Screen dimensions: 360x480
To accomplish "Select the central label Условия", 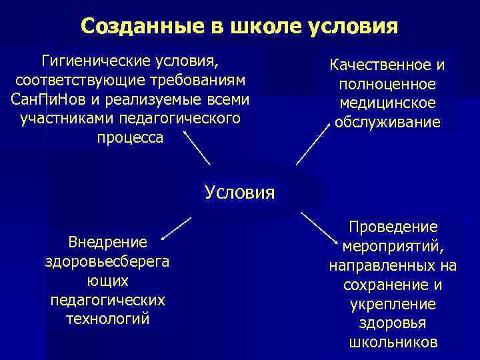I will click(x=239, y=193).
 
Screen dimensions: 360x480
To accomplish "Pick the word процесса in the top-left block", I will click(x=130, y=137).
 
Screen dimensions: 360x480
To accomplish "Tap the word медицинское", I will click(x=387, y=103).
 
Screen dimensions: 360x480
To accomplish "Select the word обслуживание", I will click(x=387, y=123).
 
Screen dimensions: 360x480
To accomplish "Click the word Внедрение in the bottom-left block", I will click(x=107, y=242).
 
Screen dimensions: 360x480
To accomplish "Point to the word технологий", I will click(x=108, y=319).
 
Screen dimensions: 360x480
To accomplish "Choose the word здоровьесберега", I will click(x=107, y=261).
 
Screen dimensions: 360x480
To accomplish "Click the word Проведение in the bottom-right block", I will click(x=393, y=227).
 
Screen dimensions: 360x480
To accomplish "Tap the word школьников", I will click(x=393, y=343).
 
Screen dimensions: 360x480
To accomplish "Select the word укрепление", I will click(x=393, y=304).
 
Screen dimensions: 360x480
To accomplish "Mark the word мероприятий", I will click(x=393, y=247).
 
